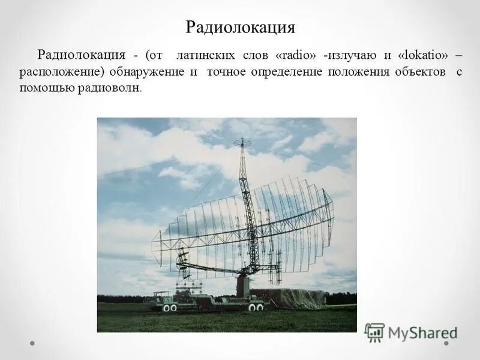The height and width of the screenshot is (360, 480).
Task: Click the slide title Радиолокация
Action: pyautogui.click(x=240, y=28)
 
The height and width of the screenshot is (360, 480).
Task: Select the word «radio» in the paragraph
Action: pyautogui.click(x=296, y=55)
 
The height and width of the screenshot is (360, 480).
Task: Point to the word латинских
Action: pyautogui.click(x=206, y=55)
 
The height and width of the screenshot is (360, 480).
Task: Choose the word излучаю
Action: pyautogui.click(x=352, y=55)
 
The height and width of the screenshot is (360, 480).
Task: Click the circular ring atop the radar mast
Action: pyautogui.click(x=242, y=143)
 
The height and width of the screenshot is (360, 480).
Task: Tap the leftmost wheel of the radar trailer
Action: pyautogui.click(x=166, y=308)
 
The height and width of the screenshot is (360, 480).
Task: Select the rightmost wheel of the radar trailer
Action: pyautogui.click(x=260, y=307)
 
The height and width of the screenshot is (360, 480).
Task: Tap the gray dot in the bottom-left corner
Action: pyautogui.click(x=32, y=344)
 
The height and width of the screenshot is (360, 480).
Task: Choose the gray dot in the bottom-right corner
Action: pyautogui.click(x=447, y=344)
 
